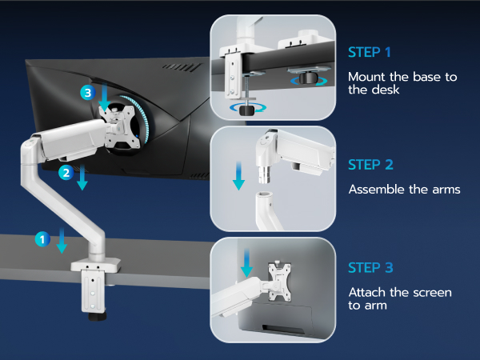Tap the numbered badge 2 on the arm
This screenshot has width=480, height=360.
coord(68,171)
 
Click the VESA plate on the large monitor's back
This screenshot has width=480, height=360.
coord(123,124)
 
